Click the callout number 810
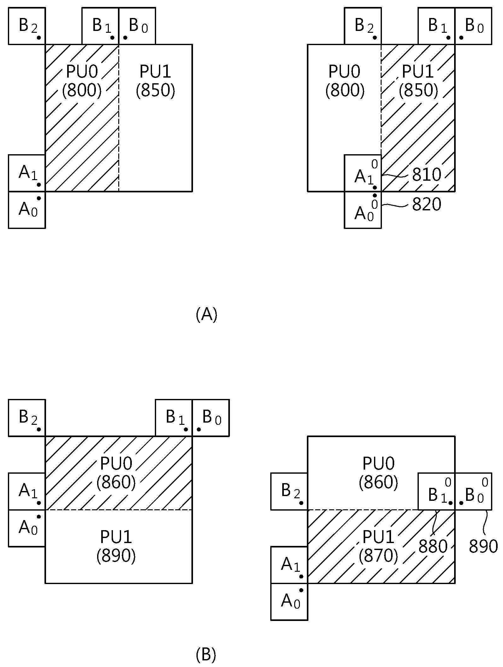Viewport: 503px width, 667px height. coord(426,174)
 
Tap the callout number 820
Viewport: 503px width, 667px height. coord(426,204)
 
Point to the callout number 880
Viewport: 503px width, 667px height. coord(433,546)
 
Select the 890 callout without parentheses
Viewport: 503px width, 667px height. coord(483,546)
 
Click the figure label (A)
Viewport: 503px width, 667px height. coord(207,314)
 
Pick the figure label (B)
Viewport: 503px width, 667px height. coord(206,655)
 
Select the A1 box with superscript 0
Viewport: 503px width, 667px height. coord(363,173)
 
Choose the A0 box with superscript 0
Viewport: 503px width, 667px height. coord(363,210)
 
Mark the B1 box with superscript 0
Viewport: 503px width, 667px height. coord(436,491)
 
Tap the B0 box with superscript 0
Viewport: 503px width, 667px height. coord(473,491)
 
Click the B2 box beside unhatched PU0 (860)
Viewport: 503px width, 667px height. coord(289,491)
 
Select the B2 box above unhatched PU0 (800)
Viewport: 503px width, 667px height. coord(363,26)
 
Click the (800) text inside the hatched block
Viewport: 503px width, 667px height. coord(82,91)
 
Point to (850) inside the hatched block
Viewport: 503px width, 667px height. coord(418,91)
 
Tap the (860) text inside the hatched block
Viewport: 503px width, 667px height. coord(116,482)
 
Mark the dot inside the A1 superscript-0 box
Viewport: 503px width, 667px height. coord(375,187)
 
